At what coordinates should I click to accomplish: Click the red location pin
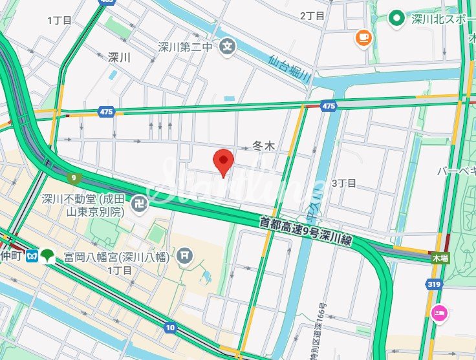pyautogui.click(x=223, y=162)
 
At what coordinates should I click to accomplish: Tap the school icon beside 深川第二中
pyautogui.click(x=227, y=46)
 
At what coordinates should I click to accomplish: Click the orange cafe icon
pyautogui.click(x=364, y=38)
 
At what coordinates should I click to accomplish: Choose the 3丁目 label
pyautogui.click(x=343, y=183)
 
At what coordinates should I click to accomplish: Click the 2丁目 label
pyautogui.click(x=312, y=16)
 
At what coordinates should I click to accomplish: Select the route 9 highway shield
pyautogui.click(x=74, y=177)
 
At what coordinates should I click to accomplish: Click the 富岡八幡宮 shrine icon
pyautogui.click(x=185, y=257)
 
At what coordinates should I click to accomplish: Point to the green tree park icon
pyautogui.click(x=48, y=256)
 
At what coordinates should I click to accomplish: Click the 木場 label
pyautogui.click(x=440, y=257)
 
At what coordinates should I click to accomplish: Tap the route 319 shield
pyautogui.click(x=434, y=283)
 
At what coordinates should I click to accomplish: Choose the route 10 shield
pyautogui.click(x=170, y=327)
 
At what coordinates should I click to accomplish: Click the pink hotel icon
pyautogui.click(x=439, y=313)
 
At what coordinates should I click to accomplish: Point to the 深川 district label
pyautogui.click(x=120, y=58)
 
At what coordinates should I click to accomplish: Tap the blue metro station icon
pyautogui.click(x=32, y=256)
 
